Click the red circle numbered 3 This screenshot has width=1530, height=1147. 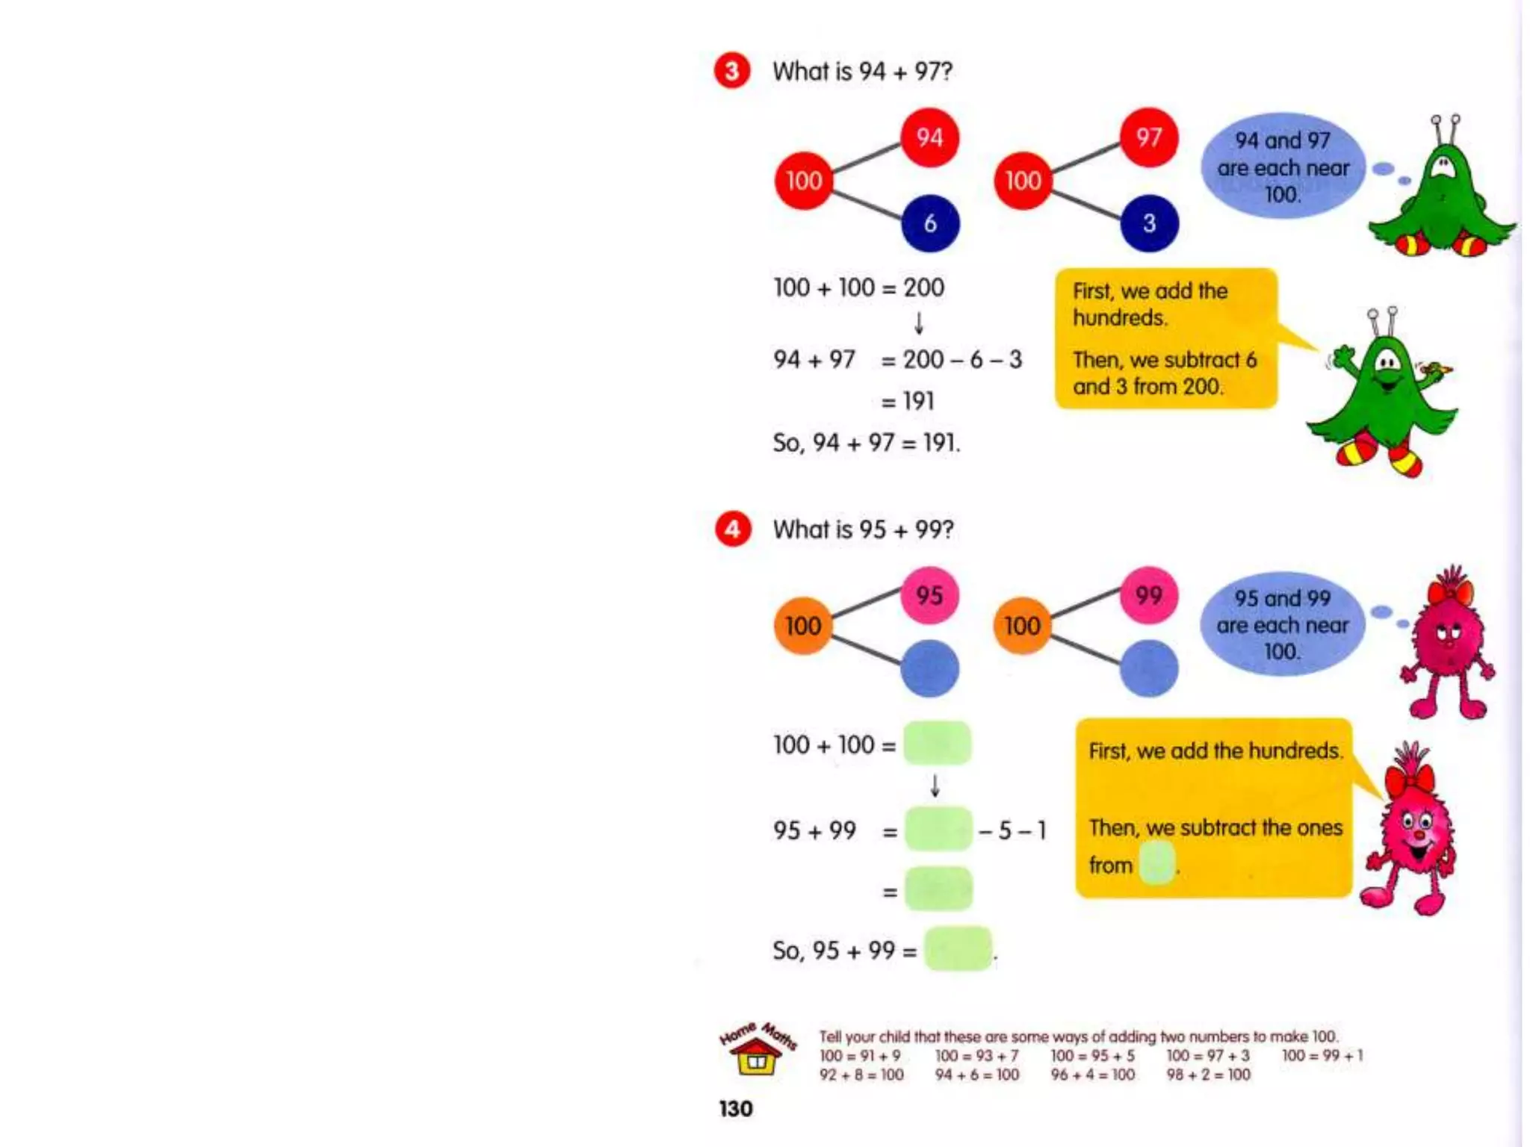coord(731,72)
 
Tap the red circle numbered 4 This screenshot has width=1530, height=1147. coord(732,529)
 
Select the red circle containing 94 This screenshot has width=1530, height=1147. coord(929,137)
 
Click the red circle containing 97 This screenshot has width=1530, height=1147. coord(1148,137)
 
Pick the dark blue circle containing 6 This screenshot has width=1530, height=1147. coord(930,223)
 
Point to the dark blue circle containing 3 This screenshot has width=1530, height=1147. coord(1149,223)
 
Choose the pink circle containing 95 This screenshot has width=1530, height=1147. coord(929,595)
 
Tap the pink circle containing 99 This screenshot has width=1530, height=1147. coord(1148,595)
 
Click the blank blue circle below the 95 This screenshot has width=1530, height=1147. coord(929,668)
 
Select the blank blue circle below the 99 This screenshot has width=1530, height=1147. coord(1148,668)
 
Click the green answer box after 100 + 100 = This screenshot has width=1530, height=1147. coord(937,743)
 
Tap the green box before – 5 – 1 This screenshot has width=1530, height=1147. coord(938,829)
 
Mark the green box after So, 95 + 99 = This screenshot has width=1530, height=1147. coord(958,949)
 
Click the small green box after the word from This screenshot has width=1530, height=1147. coord(1156,863)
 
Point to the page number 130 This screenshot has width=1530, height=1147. coord(736,1109)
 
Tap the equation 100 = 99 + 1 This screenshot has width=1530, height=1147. coord(1322,1056)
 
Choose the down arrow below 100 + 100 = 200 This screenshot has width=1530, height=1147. coord(919,323)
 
